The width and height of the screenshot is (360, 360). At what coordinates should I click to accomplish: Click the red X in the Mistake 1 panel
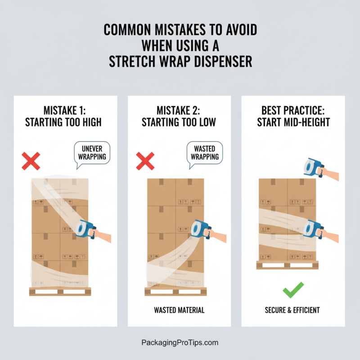[31, 161]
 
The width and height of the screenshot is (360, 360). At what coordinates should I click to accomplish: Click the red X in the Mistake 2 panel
[145, 161]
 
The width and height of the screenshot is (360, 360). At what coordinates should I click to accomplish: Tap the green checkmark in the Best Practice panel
[293, 290]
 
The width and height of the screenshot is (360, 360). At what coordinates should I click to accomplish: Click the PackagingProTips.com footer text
[180, 342]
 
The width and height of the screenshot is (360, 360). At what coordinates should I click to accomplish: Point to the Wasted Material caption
[179, 310]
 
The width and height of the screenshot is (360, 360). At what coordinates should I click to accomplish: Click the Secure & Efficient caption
[293, 310]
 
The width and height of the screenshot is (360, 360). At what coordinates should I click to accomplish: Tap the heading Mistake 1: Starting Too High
[66, 116]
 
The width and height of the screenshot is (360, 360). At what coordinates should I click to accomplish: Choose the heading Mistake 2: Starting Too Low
[179, 116]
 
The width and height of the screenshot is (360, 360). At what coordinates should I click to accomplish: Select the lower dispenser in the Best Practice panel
[312, 228]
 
